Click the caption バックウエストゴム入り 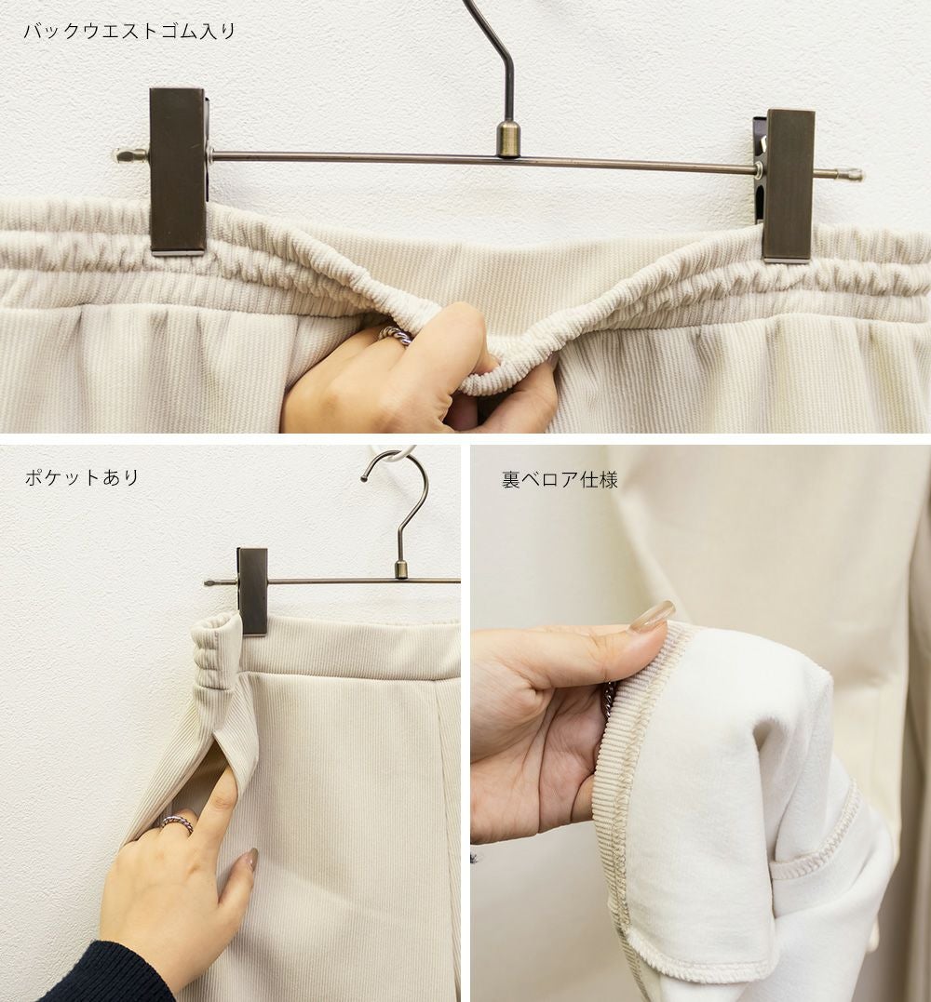pyautogui.click(x=129, y=31)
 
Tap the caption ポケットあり pyautogui.click(x=82, y=477)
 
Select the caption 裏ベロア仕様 pyautogui.click(x=560, y=479)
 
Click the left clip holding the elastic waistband pyautogui.click(x=179, y=171)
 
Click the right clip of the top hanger pyautogui.click(x=786, y=185)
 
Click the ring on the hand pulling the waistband pyautogui.click(x=395, y=336)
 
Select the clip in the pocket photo pyautogui.click(x=252, y=591)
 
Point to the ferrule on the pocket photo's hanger pyautogui.click(x=401, y=568)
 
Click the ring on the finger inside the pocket pyautogui.click(x=176, y=822)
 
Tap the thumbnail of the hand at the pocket pyautogui.click(x=250, y=860)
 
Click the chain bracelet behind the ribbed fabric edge pyautogui.click(x=610, y=700)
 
